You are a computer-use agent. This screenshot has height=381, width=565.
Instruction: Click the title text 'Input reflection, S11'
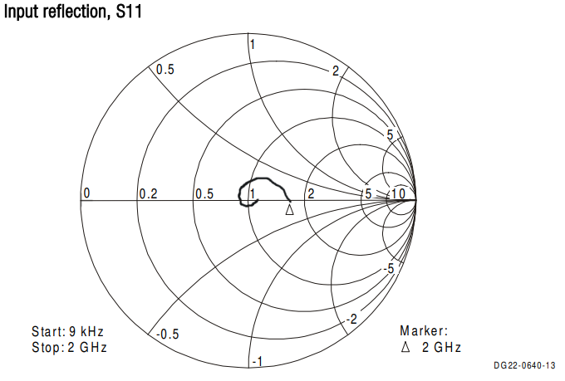point(73,11)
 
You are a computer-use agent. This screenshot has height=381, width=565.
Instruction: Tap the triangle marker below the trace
point(289,210)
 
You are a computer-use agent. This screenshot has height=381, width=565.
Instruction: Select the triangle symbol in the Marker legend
point(405,347)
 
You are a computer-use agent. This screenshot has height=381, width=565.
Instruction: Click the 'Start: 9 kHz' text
point(67,331)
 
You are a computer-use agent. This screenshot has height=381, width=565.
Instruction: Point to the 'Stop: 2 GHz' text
point(69,348)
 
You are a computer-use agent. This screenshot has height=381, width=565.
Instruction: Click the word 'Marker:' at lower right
point(424,330)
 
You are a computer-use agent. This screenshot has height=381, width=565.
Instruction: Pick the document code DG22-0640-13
point(524,365)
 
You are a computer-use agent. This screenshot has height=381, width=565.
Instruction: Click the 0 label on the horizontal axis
point(86,193)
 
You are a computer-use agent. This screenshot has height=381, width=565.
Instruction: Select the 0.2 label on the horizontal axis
point(149,194)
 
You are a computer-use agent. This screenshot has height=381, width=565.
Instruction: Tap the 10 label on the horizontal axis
point(398,193)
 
